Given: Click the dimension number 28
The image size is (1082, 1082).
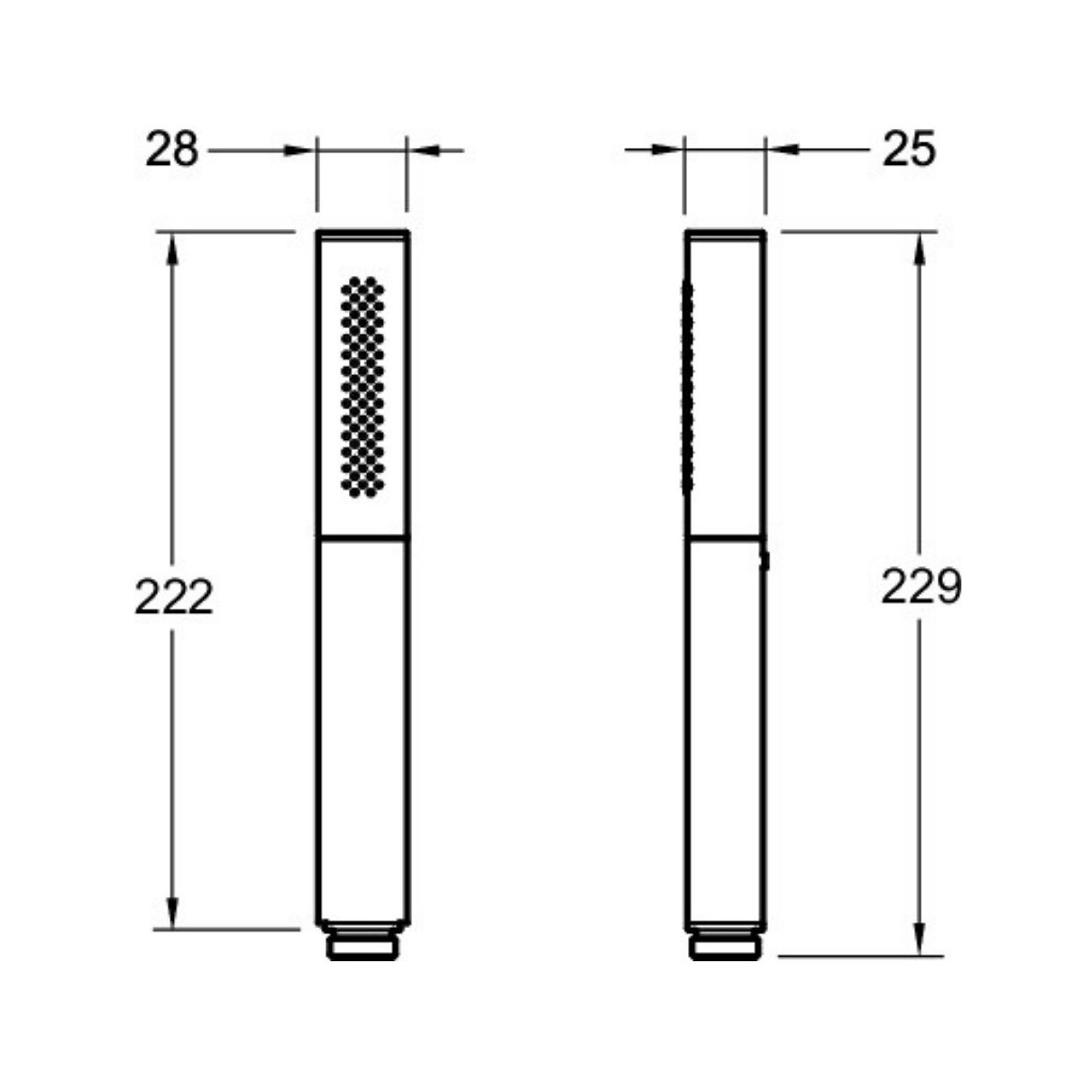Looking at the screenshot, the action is click(172, 150).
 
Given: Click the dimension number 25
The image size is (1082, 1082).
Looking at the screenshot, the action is click(909, 150).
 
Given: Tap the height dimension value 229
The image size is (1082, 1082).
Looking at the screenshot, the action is click(922, 586).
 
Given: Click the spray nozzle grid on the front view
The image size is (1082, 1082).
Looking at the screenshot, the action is click(362, 387).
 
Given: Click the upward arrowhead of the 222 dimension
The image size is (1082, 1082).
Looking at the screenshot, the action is click(172, 249).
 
